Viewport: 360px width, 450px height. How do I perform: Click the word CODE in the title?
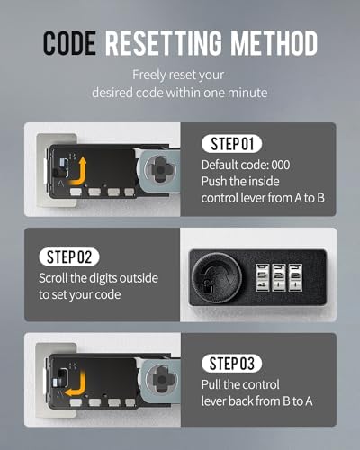click(69, 43)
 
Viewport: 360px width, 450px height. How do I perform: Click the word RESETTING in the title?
click(164, 43)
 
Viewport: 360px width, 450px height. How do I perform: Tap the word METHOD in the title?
click(274, 43)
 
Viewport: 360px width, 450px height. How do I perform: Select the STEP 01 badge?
click(232, 144)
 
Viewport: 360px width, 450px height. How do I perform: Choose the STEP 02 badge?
click(69, 256)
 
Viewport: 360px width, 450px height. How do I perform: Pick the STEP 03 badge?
click(232, 364)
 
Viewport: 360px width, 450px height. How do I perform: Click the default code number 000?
click(281, 165)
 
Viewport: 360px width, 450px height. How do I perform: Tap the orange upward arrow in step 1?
click(78, 172)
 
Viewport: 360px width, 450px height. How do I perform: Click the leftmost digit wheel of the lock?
click(262, 277)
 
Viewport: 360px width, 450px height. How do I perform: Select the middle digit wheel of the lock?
click(278, 277)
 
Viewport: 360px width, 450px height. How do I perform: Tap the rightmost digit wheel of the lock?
click(295, 277)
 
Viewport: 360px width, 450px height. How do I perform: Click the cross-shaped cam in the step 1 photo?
click(161, 170)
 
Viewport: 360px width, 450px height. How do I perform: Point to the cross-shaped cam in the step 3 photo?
click(162, 380)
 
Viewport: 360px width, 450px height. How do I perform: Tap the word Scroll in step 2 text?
click(53, 278)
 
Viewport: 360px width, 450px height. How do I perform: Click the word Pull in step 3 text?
click(211, 384)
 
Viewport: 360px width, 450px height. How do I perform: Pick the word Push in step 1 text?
click(213, 182)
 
